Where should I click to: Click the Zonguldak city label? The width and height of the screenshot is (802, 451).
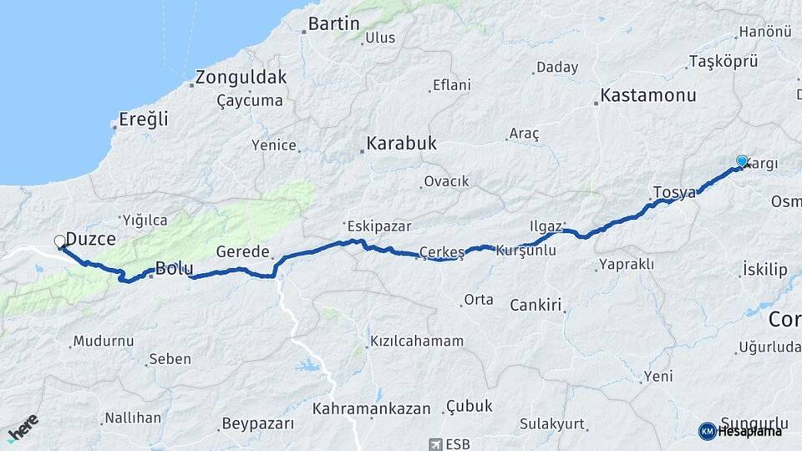point(241,78)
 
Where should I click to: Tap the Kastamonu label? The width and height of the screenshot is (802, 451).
point(648,95)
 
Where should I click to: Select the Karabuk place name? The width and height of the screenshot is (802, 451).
point(401,144)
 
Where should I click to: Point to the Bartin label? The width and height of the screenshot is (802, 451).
point(334,23)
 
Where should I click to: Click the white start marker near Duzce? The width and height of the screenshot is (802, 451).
point(60,242)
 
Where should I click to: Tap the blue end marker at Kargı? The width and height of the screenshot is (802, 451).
point(742,161)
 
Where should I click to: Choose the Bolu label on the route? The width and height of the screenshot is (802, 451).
point(175,269)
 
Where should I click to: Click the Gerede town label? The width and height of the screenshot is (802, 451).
point(243,251)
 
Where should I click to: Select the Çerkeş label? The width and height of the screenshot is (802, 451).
point(441,252)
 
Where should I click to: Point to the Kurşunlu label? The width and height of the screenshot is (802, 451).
point(525,251)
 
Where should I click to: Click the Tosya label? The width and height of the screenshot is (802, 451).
point(674,193)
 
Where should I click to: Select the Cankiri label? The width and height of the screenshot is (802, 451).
point(535,305)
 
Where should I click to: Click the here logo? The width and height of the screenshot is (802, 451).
point(23,427)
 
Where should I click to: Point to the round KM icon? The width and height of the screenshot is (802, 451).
point(708,431)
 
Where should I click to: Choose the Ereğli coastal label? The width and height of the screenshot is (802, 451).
point(143,119)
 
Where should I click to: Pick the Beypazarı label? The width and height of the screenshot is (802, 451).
point(258,423)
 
